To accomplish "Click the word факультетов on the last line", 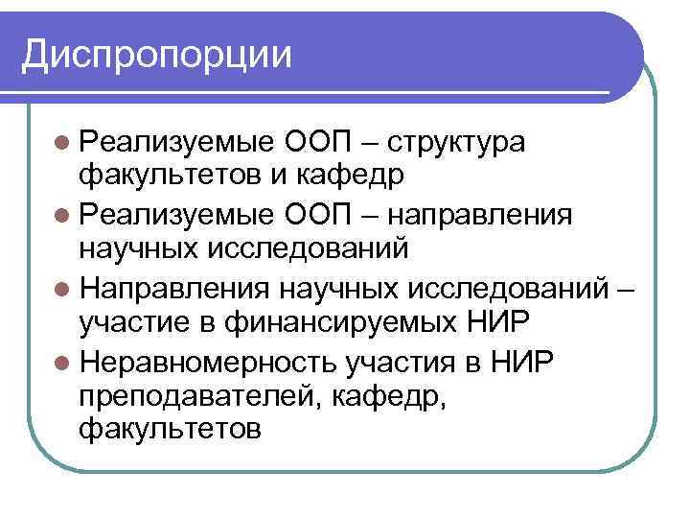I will click(170, 429).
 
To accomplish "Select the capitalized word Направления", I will click(178, 286).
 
